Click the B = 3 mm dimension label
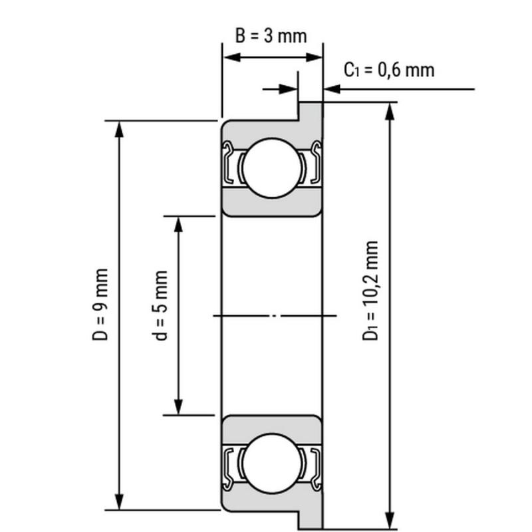(x=271, y=36)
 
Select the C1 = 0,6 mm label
(x=389, y=70)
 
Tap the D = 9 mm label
(x=100, y=305)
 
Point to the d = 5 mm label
(x=160, y=305)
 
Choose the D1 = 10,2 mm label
(x=370, y=291)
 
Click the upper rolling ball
(x=272, y=168)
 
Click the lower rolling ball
(x=272, y=463)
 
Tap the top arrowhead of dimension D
(x=119, y=129)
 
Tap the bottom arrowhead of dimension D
(x=119, y=501)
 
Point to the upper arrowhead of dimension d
(x=178, y=224)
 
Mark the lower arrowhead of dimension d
(x=178, y=407)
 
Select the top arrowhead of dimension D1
(x=390, y=111)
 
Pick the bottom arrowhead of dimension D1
(x=390, y=520)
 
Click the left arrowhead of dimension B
(x=231, y=57)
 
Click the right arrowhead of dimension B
(x=313, y=57)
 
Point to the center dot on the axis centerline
(x=275, y=315)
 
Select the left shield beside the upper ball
(x=228, y=162)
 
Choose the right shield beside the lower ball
(x=316, y=468)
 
